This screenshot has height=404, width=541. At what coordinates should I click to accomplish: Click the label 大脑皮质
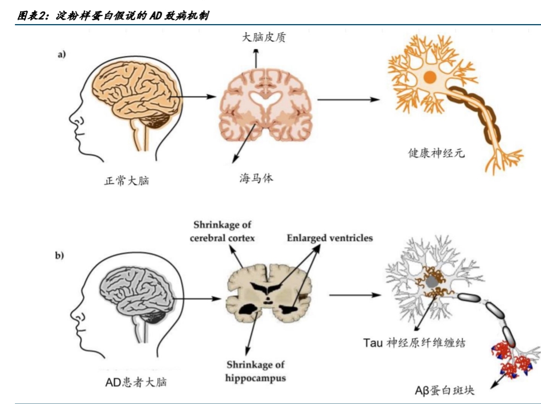(264, 38)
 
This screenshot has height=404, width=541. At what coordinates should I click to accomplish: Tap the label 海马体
(256, 178)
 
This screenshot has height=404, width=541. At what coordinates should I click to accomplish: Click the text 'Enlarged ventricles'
(330, 237)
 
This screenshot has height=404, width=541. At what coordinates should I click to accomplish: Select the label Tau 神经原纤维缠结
(414, 343)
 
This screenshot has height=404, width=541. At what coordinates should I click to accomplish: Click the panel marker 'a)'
(61, 55)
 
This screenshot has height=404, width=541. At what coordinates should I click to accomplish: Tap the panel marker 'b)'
(60, 256)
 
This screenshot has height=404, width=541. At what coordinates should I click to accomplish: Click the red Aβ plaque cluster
(512, 360)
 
